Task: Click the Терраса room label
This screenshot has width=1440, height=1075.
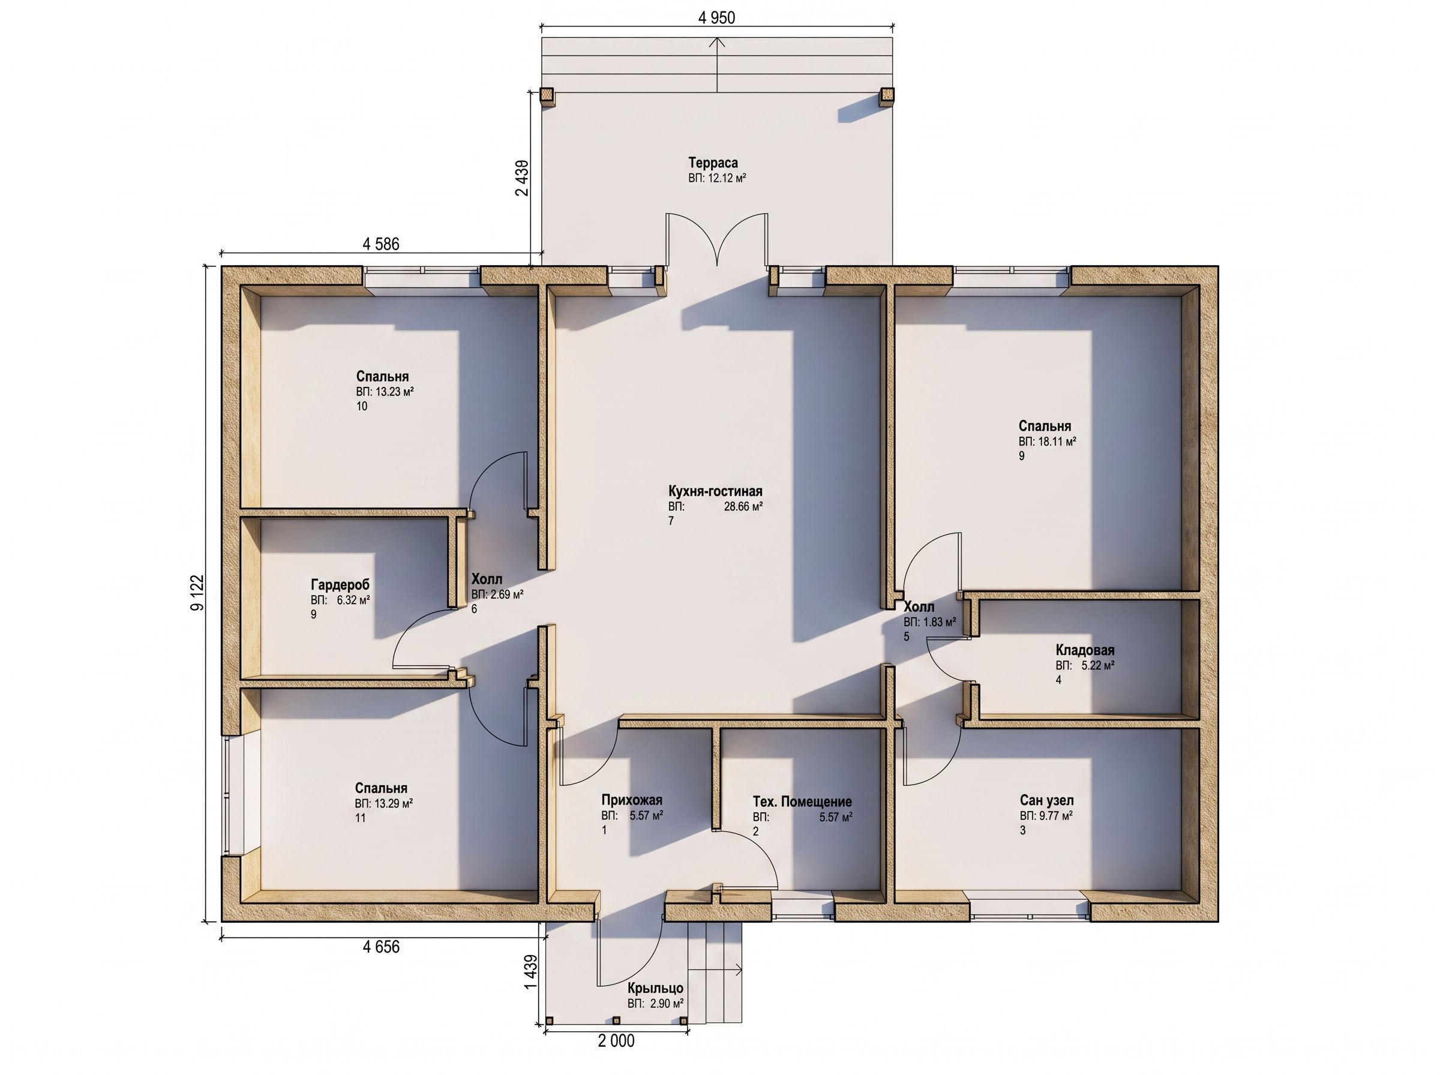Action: pos(713,163)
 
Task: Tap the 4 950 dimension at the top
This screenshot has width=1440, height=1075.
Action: pos(716,17)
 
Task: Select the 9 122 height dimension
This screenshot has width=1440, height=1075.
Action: pos(197,592)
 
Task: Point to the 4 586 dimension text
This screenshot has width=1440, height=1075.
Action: pos(380,244)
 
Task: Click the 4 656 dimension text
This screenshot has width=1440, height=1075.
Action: pos(380,947)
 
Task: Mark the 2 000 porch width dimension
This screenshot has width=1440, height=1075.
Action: pos(616,1041)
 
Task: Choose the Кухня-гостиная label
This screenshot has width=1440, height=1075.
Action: pos(715,491)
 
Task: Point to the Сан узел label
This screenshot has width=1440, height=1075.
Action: pos(1046,800)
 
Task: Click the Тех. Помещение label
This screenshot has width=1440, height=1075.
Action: pos(802,801)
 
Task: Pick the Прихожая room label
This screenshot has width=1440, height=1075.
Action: pos(631,800)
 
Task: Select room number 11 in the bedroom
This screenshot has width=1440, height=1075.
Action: pos(361,818)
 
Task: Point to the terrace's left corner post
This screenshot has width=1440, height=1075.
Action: pos(547,97)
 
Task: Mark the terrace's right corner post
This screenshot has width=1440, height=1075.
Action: pos(886,97)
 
